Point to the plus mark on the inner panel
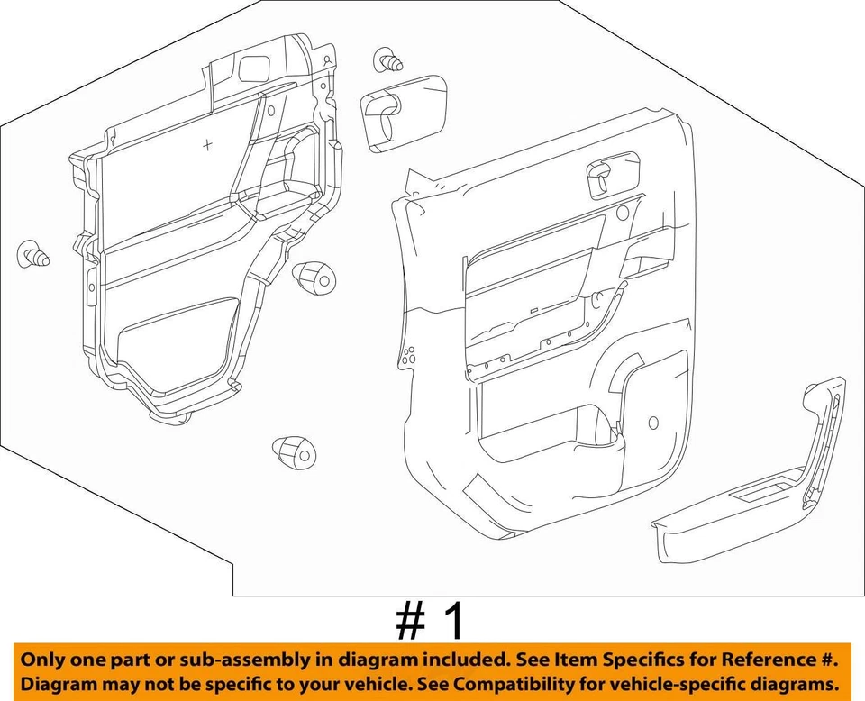coord(208,144)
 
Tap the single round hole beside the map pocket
coord(651,421)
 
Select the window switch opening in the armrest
coord(760,493)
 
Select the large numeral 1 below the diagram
coord(455,622)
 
